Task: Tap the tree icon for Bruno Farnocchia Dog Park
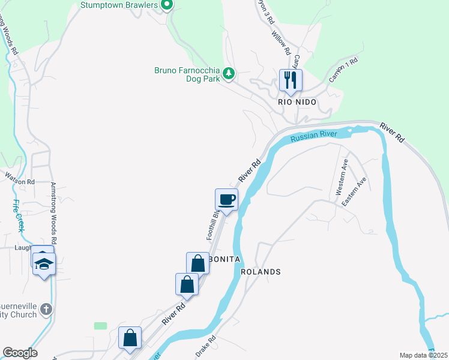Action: [x=229, y=74]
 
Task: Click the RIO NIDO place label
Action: [x=297, y=103]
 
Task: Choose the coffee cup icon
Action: [x=227, y=200]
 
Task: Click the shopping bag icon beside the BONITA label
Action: [x=197, y=263]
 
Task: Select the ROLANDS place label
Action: [x=261, y=272]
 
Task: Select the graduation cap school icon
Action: [x=44, y=263]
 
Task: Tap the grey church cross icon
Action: [x=46, y=310]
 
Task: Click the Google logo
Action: [x=20, y=353]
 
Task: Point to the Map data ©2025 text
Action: [x=423, y=355]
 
